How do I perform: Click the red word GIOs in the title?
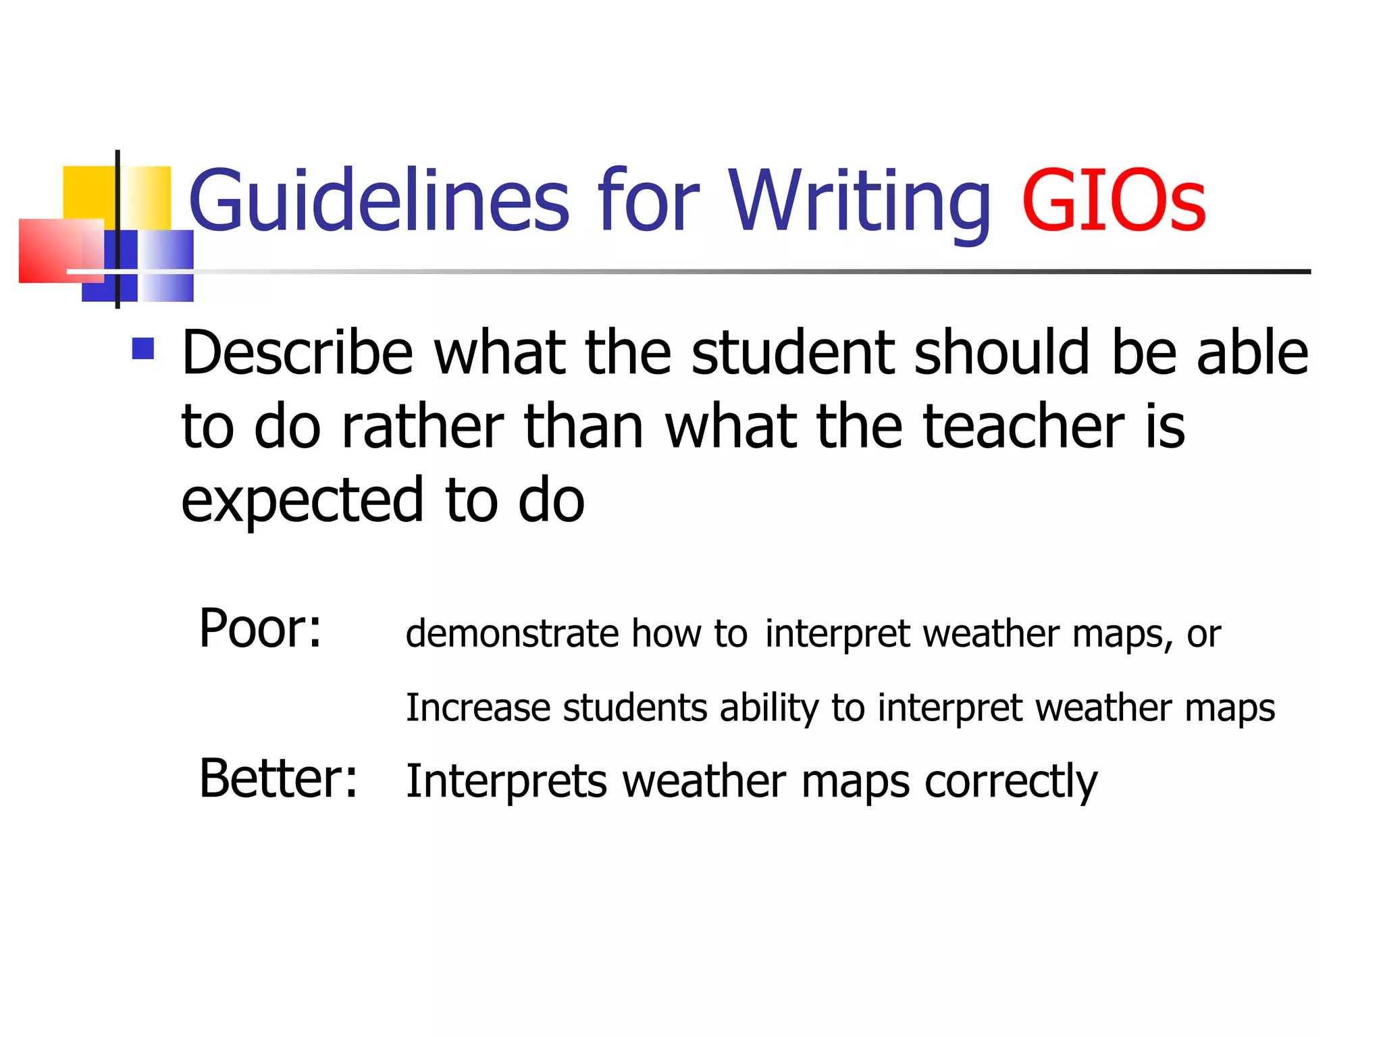pyautogui.click(x=1113, y=201)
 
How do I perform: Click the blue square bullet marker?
pyautogui.click(x=143, y=348)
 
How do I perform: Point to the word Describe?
pyautogui.click(x=297, y=352)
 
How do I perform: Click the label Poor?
pyautogui.click(x=260, y=629)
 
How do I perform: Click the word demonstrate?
pyautogui.click(x=512, y=634)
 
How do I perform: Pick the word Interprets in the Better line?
pyautogui.click(x=506, y=782)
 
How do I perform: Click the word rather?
pyautogui.click(x=423, y=426)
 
